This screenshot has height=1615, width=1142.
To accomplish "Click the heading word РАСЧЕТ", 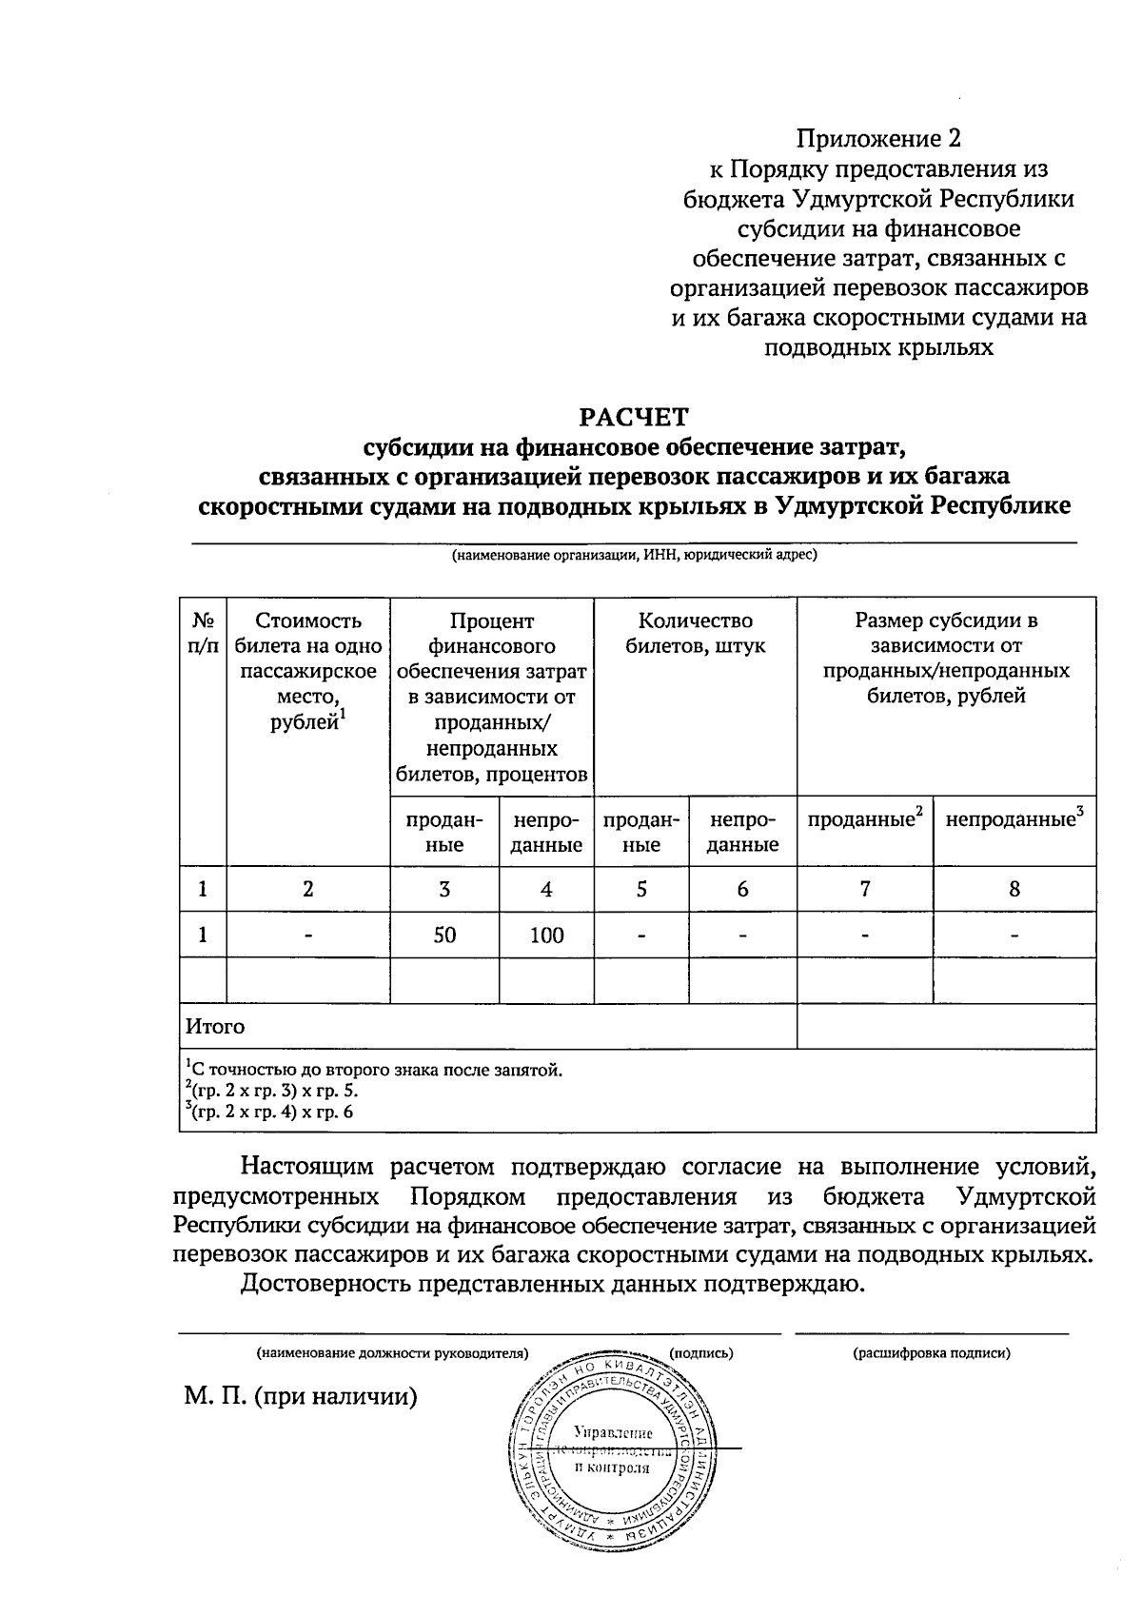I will tap(634, 417).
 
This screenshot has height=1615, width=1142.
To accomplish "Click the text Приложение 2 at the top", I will tap(879, 139).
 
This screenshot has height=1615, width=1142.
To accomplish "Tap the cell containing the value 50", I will tap(444, 935).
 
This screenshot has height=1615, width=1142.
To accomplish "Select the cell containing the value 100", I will tap(546, 935).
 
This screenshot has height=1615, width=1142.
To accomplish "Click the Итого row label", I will tap(215, 1027).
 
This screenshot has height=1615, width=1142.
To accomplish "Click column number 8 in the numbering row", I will tap(1014, 889).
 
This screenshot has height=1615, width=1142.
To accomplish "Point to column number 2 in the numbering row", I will tap(307, 889).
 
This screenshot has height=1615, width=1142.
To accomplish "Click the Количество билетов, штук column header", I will tap(695, 634).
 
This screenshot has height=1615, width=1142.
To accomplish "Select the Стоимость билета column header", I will tap(307, 671).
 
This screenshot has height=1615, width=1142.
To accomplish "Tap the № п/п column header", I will tap(203, 633).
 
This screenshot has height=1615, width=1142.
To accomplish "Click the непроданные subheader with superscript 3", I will tap(1014, 819).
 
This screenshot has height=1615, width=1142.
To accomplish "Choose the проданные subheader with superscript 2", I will tap(865, 819).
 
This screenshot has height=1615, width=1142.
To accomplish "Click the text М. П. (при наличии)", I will tap(302, 1397).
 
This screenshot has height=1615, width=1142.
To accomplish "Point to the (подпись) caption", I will tap(701, 1351).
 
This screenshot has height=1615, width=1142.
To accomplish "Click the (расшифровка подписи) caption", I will tap(932, 1351).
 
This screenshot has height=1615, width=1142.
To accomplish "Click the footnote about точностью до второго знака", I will tap(375, 1070).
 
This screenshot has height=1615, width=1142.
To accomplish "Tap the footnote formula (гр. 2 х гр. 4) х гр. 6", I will tap(270, 1112).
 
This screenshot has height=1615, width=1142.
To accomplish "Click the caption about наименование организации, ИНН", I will tap(634, 555).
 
